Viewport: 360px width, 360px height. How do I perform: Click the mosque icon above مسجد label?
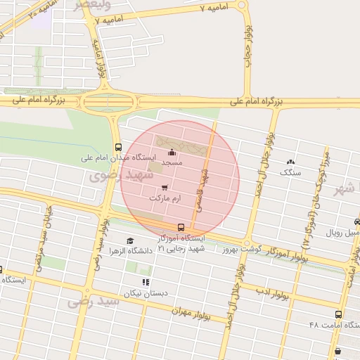172,153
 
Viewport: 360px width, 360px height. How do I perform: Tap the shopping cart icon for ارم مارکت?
165,188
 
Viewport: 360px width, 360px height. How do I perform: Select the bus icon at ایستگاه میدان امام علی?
117,148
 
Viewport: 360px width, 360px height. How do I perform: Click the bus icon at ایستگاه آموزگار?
181,227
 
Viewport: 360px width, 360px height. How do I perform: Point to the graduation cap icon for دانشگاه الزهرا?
129,240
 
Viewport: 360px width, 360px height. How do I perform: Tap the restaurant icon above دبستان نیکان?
146,283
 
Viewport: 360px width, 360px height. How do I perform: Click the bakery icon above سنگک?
290,162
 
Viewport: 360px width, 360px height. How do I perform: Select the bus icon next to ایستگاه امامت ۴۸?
339,315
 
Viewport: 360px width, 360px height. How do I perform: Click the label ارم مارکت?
165,198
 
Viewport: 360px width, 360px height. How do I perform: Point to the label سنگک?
290,172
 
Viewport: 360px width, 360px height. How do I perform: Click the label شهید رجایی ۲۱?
180,247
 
